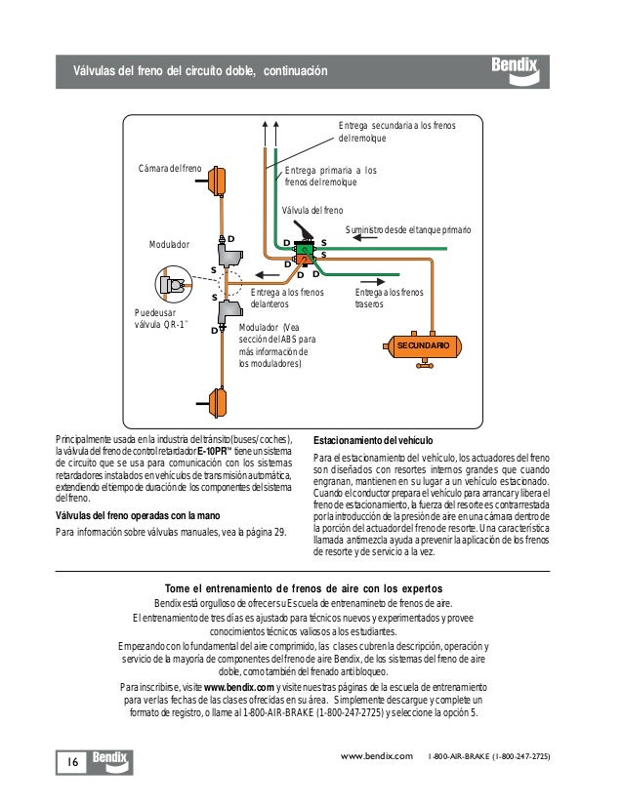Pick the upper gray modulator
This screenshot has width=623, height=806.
(x=230, y=256)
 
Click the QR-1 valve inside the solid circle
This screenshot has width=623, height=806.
(x=177, y=286)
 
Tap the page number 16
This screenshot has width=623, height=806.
(x=74, y=761)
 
